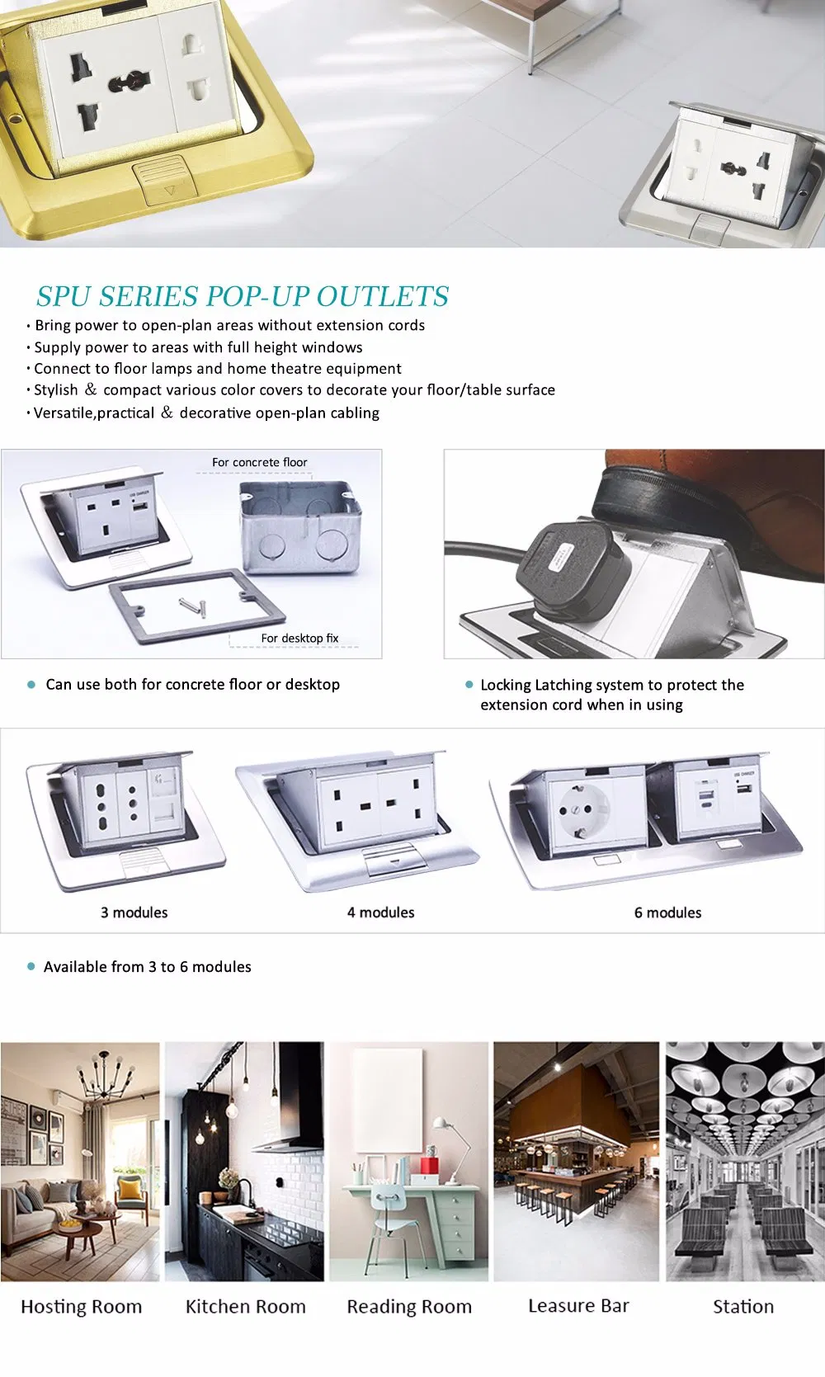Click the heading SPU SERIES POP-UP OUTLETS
click(243, 296)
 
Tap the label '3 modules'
click(134, 912)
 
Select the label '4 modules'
click(380, 912)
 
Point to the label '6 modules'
click(667, 912)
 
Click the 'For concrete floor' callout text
click(259, 462)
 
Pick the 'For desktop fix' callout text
click(299, 638)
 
